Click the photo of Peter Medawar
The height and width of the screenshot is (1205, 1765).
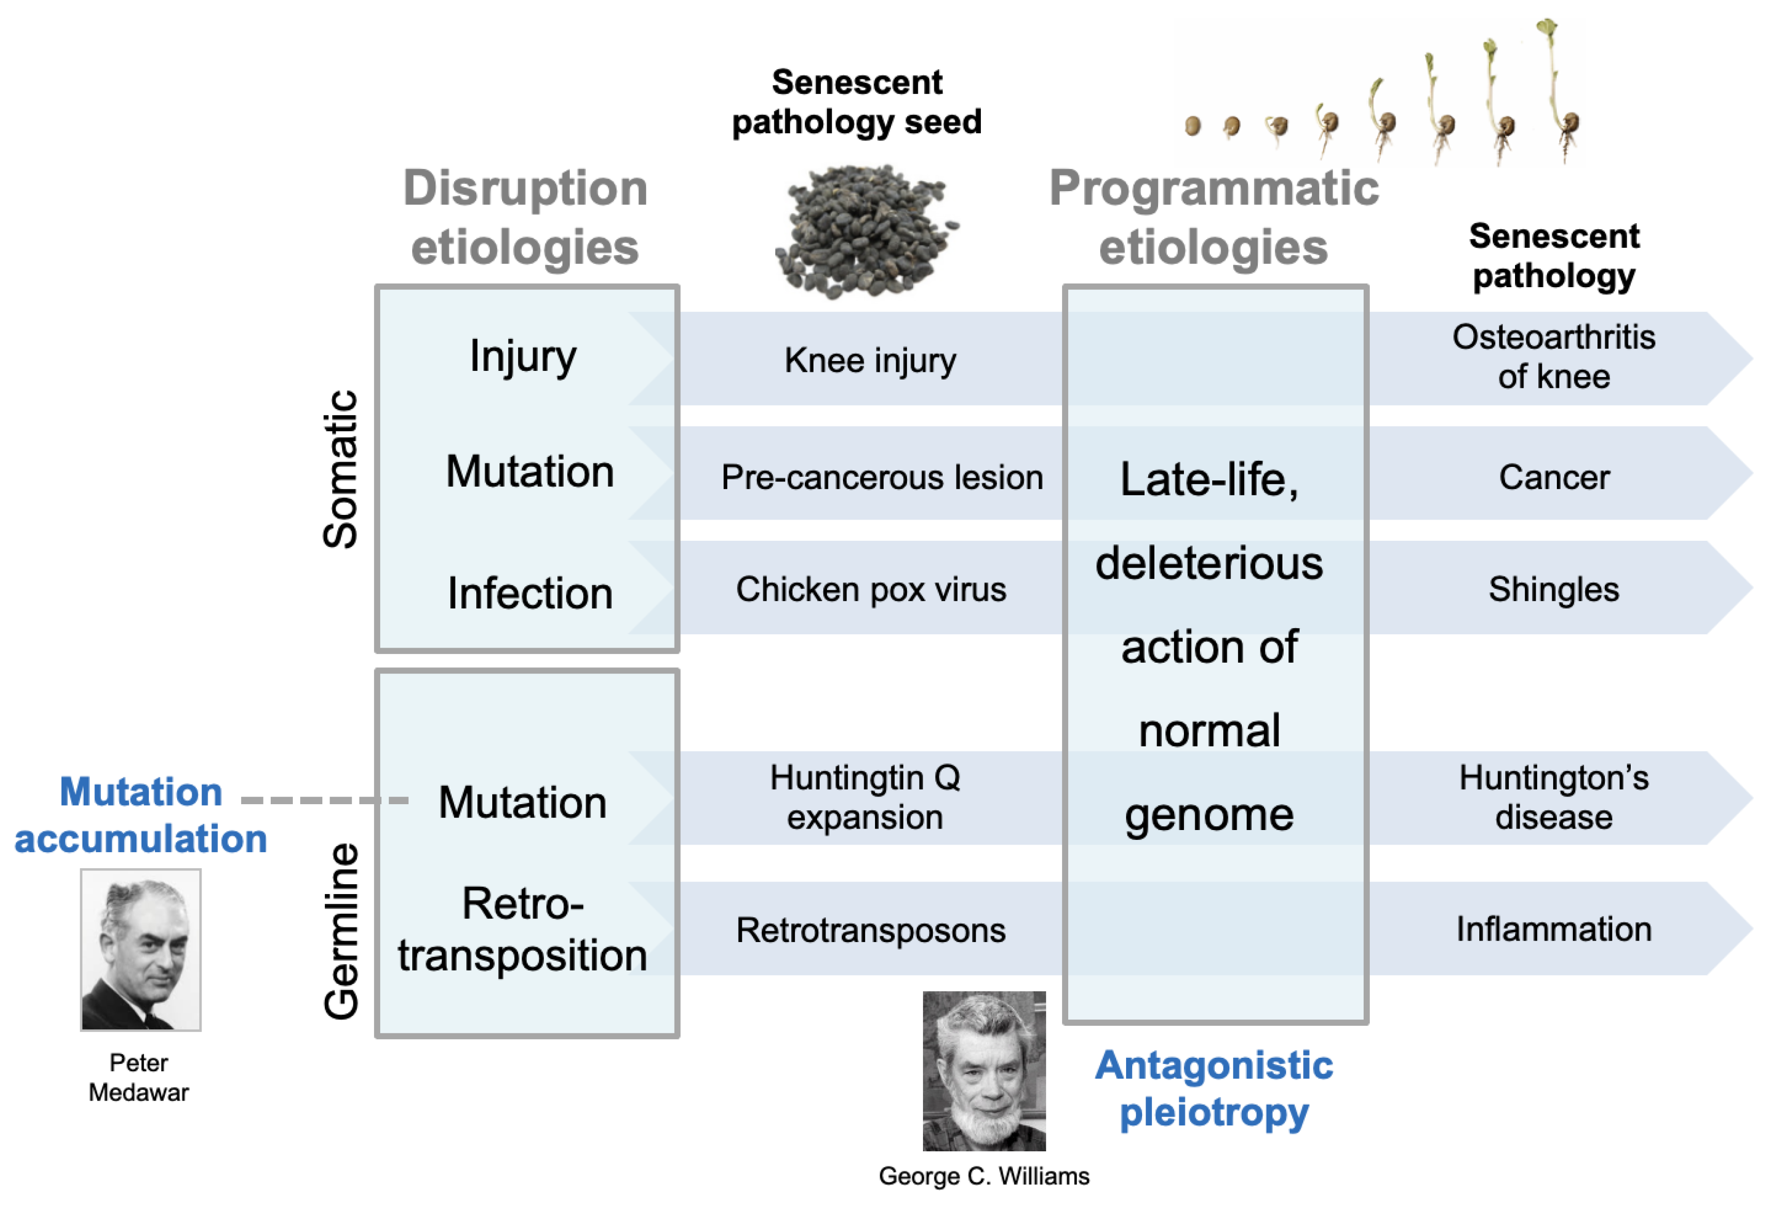click(x=140, y=949)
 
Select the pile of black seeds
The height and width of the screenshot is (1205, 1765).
click(x=866, y=231)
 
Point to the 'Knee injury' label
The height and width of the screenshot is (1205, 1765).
click(x=870, y=360)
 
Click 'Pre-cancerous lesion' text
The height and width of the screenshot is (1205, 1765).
click(x=882, y=477)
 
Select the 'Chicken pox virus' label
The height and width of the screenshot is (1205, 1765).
click(x=870, y=589)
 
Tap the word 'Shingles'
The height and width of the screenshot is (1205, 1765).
click(x=1553, y=589)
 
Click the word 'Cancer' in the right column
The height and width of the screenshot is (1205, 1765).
click(x=1553, y=477)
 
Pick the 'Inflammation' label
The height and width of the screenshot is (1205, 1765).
click(x=1553, y=929)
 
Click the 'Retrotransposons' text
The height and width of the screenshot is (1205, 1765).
click(x=870, y=930)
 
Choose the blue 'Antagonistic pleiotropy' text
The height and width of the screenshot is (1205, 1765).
click(x=1214, y=1088)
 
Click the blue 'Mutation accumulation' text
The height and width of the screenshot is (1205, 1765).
click(x=141, y=815)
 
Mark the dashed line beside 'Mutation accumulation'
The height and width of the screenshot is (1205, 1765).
click(x=324, y=800)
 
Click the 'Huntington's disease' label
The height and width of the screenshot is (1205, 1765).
click(x=1553, y=797)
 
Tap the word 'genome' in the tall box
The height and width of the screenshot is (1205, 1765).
click(x=1209, y=815)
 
